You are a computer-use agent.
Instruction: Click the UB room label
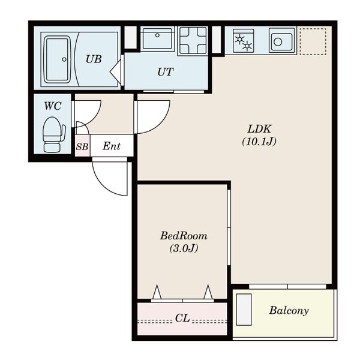pyautogui.click(x=94, y=59)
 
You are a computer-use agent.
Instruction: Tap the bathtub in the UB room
pyautogui.click(x=58, y=59)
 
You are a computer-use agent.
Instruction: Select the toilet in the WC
pyautogui.click(x=54, y=134)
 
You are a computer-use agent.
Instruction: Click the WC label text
pyautogui.click(x=53, y=106)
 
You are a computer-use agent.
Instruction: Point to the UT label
pyautogui.click(x=166, y=72)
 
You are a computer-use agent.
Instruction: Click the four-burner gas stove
pyautogui.click(x=193, y=41)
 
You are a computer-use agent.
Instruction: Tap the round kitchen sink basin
pyautogui.click(x=282, y=41)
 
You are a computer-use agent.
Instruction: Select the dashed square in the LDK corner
pyautogui.click(x=313, y=41)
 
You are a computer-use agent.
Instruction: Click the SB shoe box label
pyautogui.click(x=82, y=146)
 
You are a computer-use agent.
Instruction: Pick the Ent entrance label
pyautogui.click(x=112, y=146)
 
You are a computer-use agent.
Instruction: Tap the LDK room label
pyautogui.click(x=259, y=129)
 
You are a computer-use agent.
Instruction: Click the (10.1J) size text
pyautogui.click(x=259, y=142)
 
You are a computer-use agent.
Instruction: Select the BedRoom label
pyautogui.click(x=184, y=236)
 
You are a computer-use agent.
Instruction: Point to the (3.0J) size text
pyautogui.click(x=184, y=248)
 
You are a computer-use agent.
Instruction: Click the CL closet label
pyautogui.click(x=182, y=318)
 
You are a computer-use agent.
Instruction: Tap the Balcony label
pyautogui.click(x=289, y=310)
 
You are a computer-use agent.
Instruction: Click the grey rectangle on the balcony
pyautogui.click(x=244, y=310)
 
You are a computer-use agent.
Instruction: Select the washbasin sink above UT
pyautogui.click(x=157, y=38)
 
